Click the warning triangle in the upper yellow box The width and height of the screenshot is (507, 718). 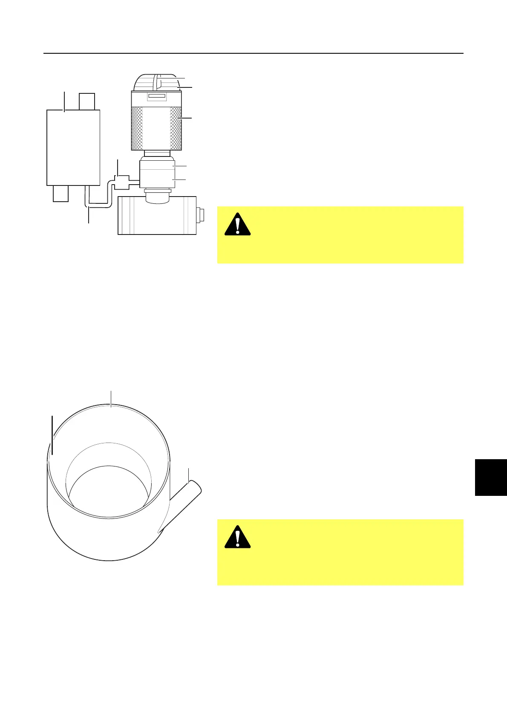coord(237,224)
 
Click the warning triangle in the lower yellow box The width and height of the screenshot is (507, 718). coord(237,537)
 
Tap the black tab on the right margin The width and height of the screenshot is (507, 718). coord(491,477)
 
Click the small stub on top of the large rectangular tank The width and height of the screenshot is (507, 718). coord(87,101)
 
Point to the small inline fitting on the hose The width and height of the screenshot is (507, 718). coord(122,182)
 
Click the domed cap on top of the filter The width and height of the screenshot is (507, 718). coord(156,82)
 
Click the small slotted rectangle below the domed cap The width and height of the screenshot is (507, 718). coord(156,96)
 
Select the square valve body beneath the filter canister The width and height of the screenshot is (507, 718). coord(157,174)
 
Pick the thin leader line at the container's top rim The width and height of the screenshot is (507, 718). coord(111,398)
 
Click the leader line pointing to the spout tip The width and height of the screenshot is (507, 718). coord(189,475)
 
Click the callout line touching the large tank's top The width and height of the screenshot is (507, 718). coord(64,101)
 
